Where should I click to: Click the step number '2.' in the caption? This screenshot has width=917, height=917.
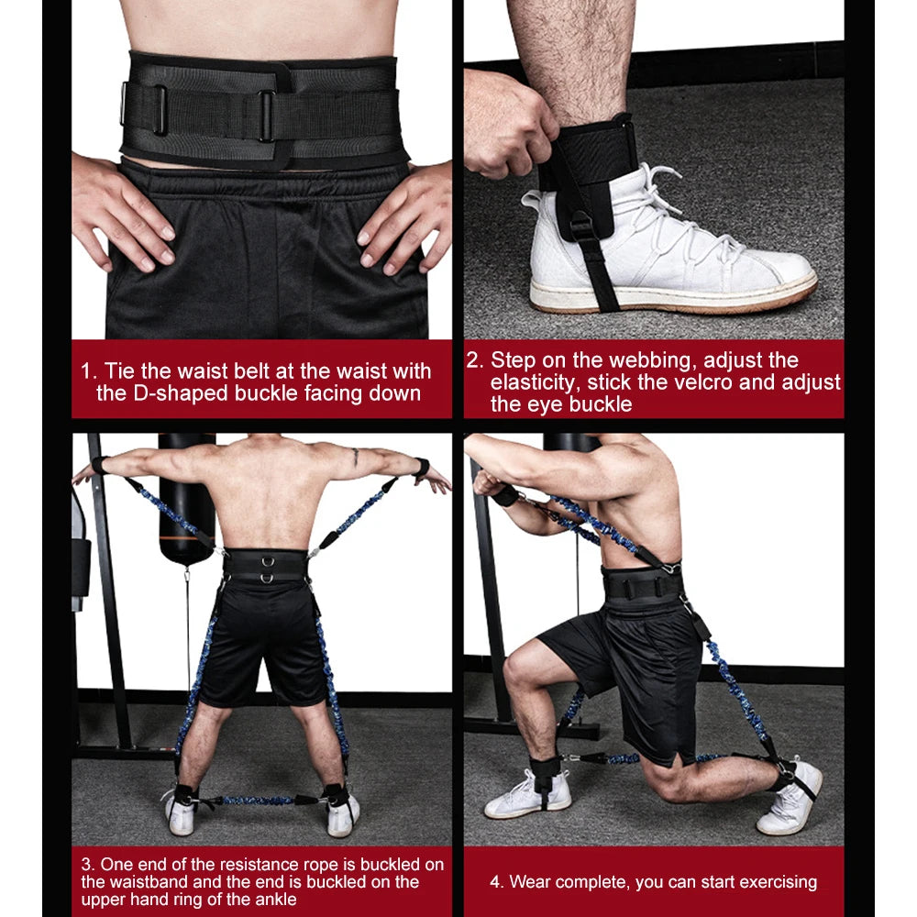click(x=474, y=360)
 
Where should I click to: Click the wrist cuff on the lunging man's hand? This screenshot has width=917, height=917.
click(x=505, y=496)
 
